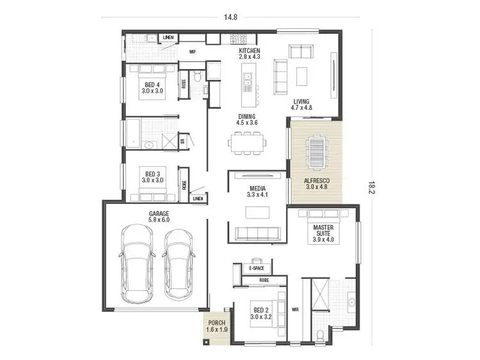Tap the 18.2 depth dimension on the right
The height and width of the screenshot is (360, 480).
(x=371, y=187)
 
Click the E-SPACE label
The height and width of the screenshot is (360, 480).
(x=256, y=269)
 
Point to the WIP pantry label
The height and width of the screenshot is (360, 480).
(x=192, y=51)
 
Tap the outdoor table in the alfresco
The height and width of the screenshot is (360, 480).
(x=316, y=152)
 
